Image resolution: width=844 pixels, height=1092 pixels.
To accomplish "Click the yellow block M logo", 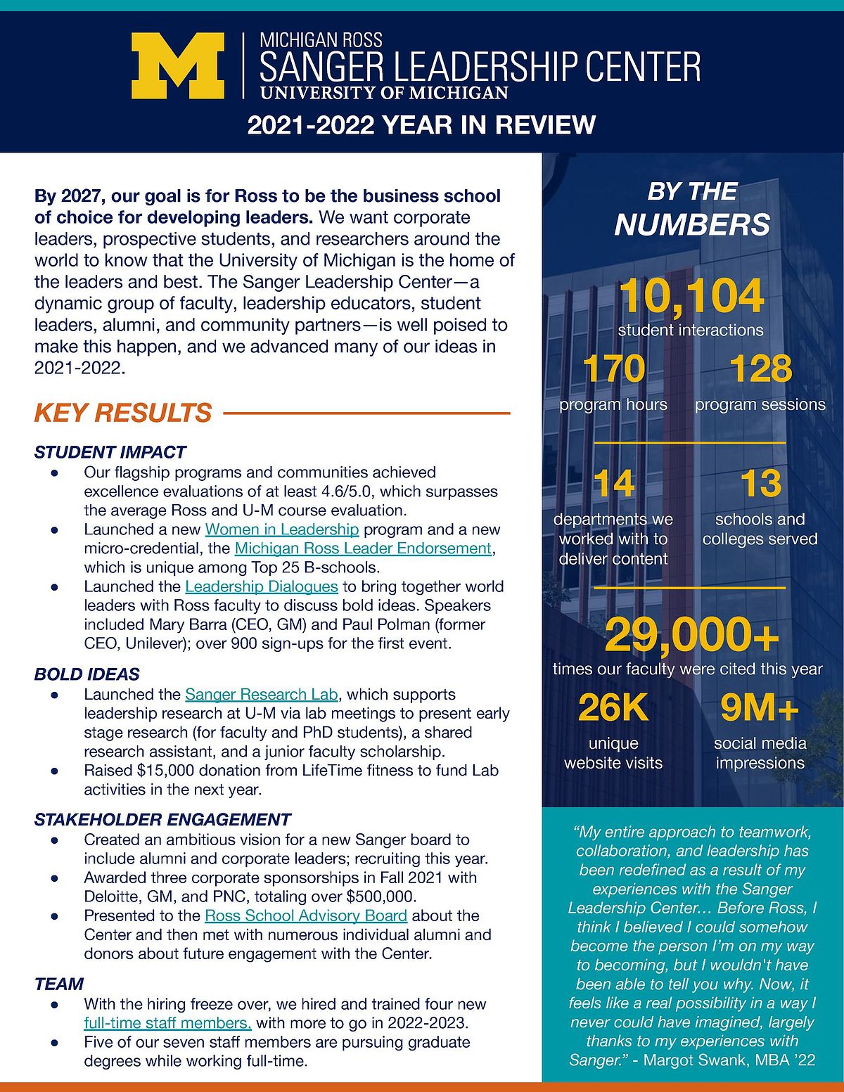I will (177, 66).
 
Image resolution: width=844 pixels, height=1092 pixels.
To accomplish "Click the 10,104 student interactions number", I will (691, 296).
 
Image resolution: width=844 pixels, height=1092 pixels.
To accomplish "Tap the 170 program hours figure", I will (613, 369).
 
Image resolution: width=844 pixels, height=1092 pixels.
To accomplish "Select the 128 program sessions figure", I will (760, 369).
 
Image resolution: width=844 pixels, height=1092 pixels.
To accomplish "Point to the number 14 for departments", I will (613, 484).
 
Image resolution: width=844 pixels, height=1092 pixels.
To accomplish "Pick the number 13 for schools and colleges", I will (760, 484).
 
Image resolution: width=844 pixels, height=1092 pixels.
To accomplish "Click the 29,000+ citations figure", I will (691, 635).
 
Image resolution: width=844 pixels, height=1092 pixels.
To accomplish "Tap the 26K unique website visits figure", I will (613, 708).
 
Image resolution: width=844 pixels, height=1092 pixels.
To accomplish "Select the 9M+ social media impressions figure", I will (760, 708).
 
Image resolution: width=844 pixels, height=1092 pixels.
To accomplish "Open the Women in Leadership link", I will (282, 529).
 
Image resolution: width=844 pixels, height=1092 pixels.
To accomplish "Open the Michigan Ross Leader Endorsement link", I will (363, 548).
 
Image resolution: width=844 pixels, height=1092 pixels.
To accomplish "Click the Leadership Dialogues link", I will (262, 586).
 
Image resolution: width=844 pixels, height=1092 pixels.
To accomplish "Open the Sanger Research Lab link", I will (262, 695).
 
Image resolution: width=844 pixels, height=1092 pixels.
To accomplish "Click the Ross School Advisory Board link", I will (306, 916).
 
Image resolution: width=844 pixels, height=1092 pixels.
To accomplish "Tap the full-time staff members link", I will (167, 1023).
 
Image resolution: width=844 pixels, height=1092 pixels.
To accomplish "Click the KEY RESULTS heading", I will (123, 413).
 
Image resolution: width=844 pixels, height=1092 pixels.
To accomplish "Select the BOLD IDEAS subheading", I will (87, 674).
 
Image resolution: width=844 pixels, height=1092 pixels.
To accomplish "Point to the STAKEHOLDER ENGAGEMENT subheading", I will (162, 819).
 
